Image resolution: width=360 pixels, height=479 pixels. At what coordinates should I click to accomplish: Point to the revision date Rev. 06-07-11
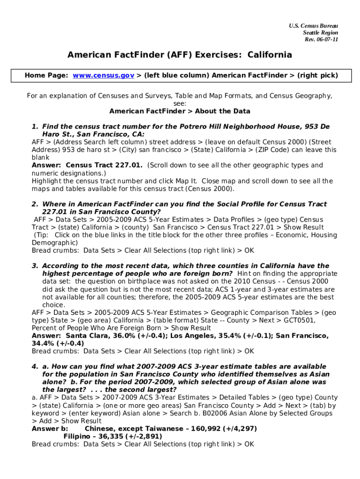pos(321,39)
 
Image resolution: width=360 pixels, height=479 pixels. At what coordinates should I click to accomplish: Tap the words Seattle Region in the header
pos(320,32)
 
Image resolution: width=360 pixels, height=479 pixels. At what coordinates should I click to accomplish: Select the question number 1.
pos(34,127)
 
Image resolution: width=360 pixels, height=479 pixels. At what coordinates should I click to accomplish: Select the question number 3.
pos(34,266)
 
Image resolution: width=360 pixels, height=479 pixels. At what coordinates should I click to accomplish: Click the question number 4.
pos(34,366)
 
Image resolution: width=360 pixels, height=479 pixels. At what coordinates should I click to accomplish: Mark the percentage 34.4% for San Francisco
pos(43,343)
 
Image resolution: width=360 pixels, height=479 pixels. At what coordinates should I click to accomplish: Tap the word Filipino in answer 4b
pos(79,436)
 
